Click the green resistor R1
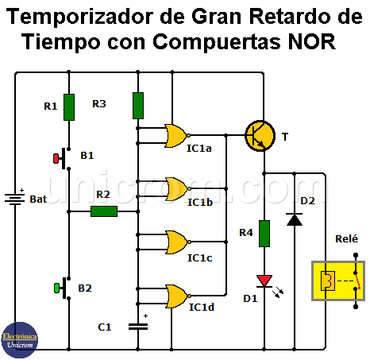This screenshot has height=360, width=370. (x=69, y=105)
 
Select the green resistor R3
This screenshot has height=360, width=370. (x=138, y=105)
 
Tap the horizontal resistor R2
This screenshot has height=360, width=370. (x=104, y=211)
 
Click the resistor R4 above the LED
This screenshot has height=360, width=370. (x=264, y=233)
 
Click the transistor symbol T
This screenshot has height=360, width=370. (x=259, y=136)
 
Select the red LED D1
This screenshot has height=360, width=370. (x=264, y=281)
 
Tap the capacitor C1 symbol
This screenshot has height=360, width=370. (x=138, y=326)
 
